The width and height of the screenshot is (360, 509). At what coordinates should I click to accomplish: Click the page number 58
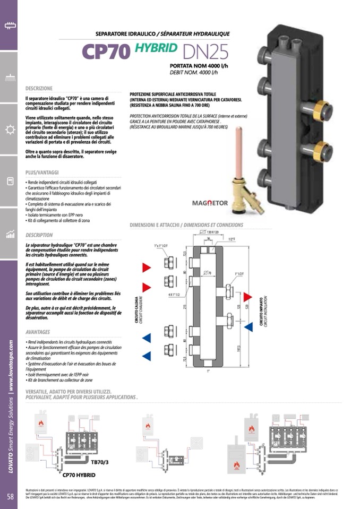coord(10,496)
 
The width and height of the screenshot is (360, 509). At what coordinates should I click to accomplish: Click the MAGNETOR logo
coord(210,203)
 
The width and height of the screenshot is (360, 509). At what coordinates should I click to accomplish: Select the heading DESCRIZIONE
coord(39,88)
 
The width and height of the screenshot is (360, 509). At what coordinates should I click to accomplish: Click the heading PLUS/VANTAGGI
coord(42,172)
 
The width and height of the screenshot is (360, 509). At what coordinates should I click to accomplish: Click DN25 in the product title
coord(205,51)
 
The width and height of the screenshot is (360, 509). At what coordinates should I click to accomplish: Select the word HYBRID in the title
coord(156,48)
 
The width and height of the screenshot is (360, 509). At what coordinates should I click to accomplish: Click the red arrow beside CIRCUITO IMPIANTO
coord(247,296)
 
